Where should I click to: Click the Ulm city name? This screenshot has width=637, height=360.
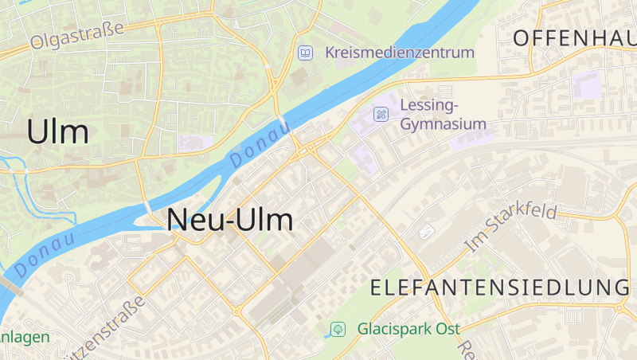point(58,131)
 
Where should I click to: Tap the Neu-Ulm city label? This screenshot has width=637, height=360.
point(230,220)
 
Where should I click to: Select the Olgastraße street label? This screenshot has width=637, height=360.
point(77,36)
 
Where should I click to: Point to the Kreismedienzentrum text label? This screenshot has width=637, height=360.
point(399,53)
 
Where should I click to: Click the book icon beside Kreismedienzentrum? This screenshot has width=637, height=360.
point(304,53)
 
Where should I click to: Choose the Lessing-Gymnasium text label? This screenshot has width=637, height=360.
point(442,115)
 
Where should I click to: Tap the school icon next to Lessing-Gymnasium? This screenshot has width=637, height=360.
point(381,114)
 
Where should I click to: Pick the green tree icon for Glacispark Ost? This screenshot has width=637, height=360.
point(338,328)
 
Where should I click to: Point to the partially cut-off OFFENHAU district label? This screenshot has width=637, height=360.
point(574,37)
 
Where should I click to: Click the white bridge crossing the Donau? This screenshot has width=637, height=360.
point(284,125)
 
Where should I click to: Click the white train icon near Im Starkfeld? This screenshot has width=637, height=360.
point(426,231)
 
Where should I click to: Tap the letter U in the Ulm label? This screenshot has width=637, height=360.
point(38,131)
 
